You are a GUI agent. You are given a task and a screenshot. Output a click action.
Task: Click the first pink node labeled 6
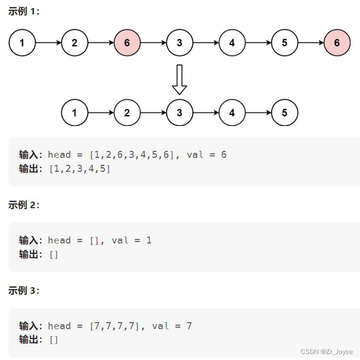[x=127, y=43]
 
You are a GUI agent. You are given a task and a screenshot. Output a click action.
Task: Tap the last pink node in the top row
[x=337, y=43]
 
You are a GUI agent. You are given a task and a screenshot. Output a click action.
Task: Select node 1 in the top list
[x=22, y=43]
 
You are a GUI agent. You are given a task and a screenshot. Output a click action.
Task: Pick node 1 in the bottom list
[x=74, y=113]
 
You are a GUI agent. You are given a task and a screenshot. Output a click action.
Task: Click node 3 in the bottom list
[x=179, y=113]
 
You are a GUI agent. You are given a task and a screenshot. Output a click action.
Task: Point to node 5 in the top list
[x=284, y=43]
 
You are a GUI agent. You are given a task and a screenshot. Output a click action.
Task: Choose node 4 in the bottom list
[x=232, y=113]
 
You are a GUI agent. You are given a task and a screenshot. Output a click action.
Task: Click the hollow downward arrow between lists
[x=179, y=79]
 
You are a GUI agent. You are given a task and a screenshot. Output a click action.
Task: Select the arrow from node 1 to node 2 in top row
[x=48, y=43]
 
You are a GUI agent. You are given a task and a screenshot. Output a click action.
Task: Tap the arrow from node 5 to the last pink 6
[x=311, y=43]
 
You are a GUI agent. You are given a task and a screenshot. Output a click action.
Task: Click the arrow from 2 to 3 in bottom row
[x=153, y=113]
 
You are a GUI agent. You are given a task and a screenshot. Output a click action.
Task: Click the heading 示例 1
[x=23, y=11]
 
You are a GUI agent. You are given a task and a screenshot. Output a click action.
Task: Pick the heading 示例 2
[x=23, y=205]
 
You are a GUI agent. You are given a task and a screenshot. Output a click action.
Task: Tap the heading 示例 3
[x=23, y=291]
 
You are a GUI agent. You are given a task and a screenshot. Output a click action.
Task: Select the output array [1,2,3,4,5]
[x=79, y=169]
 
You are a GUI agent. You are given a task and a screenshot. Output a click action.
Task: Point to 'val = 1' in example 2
[x=131, y=240]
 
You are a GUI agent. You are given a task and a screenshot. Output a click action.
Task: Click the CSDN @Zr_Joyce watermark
[x=329, y=352]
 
